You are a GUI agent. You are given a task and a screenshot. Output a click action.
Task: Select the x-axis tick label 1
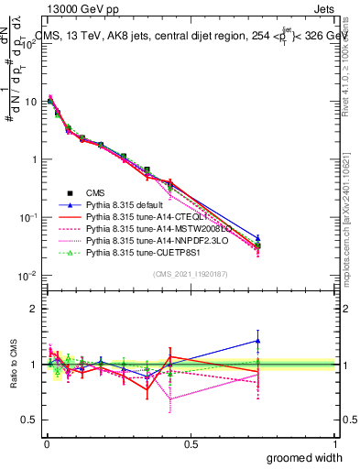click(333, 443)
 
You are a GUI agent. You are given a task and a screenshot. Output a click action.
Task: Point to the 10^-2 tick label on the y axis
click(26, 276)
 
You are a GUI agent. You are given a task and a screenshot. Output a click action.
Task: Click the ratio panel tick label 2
click(32, 308)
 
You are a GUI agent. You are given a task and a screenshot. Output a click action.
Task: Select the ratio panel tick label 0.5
click(27, 420)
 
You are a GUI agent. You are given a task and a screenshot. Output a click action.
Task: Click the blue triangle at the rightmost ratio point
click(258, 341)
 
